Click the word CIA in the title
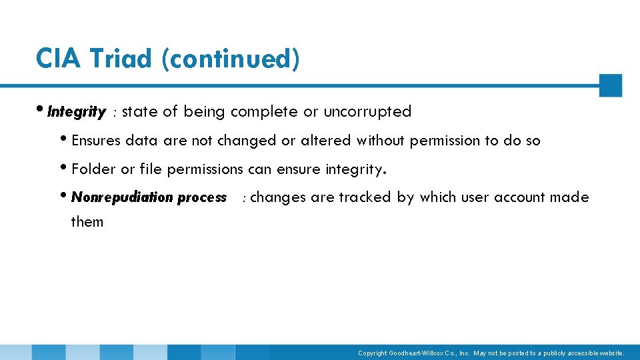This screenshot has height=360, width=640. pyautogui.click(x=58, y=59)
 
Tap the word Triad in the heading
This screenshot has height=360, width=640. pyautogui.click(x=121, y=59)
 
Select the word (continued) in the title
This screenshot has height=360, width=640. pyautogui.click(x=230, y=59)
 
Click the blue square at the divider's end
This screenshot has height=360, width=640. pyautogui.click(x=610, y=85)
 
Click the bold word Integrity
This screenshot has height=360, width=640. pyautogui.click(x=77, y=112)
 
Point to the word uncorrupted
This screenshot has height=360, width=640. pyautogui.click(x=367, y=112)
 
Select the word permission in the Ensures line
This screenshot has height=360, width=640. pyautogui.click(x=445, y=141)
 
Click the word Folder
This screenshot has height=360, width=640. pyautogui.click(x=93, y=169)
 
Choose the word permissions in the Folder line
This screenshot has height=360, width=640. pyautogui.click(x=205, y=169)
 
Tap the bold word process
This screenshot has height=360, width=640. pyautogui.click(x=202, y=198)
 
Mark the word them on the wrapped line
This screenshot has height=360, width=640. pyautogui.click(x=87, y=222)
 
